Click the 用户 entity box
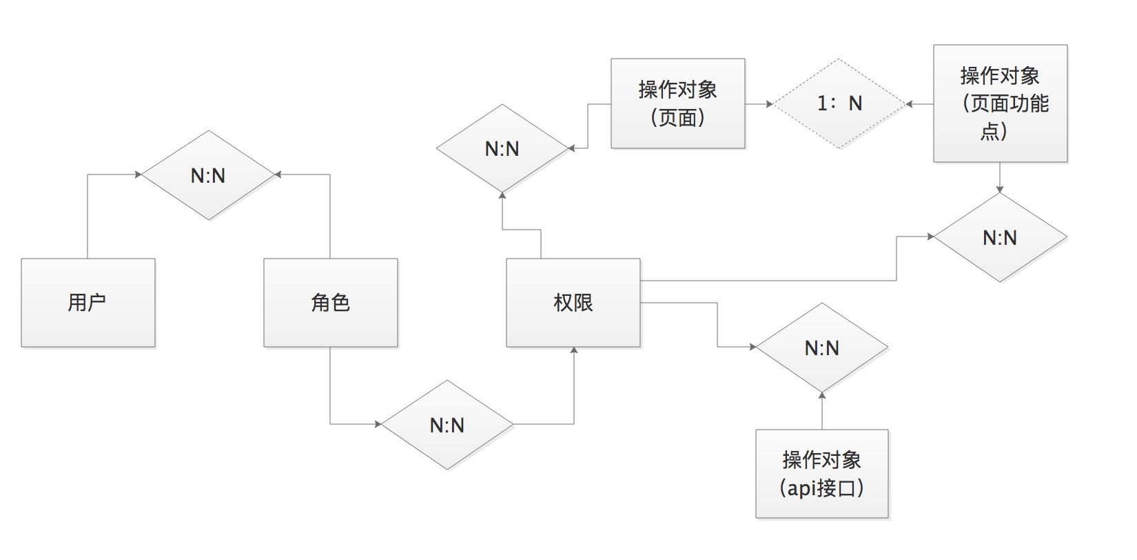click(x=88, y=303)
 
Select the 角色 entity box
click(x=331, y=303)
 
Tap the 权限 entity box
click(x=573, y=303)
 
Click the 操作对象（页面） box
click(x=678, y=103)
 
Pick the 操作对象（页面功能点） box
click(x=1001, y=103)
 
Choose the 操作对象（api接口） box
click(x=822, y=474)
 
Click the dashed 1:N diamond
click(x=839, y=104)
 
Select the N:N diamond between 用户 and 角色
click(x=208, y=175)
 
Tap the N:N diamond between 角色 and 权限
click(x=447, y=425)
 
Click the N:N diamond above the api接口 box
click(x=822, y=348)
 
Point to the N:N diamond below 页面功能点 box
click(x=1000, y=237)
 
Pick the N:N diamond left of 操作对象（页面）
click(x=502, y=148)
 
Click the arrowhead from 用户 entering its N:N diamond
click(x=139, y=174)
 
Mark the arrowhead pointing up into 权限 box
click(x=574, y=351)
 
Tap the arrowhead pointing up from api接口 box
click(x=822, y=395)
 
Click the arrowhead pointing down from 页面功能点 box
click(x=1000, y=189)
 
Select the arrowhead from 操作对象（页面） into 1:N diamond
click(x=769, y=104)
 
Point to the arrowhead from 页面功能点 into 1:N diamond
click(x=910, y=104)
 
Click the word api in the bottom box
click(x=803, y=488)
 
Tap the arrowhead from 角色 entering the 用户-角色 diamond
click(x=278, y=174)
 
